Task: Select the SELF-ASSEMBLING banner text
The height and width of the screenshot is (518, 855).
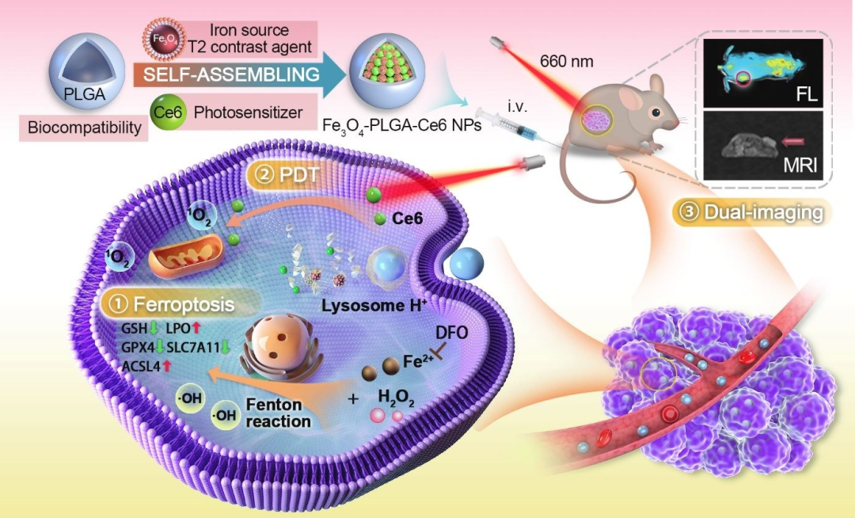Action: click(226, 75)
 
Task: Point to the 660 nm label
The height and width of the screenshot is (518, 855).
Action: click(566, 60)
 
